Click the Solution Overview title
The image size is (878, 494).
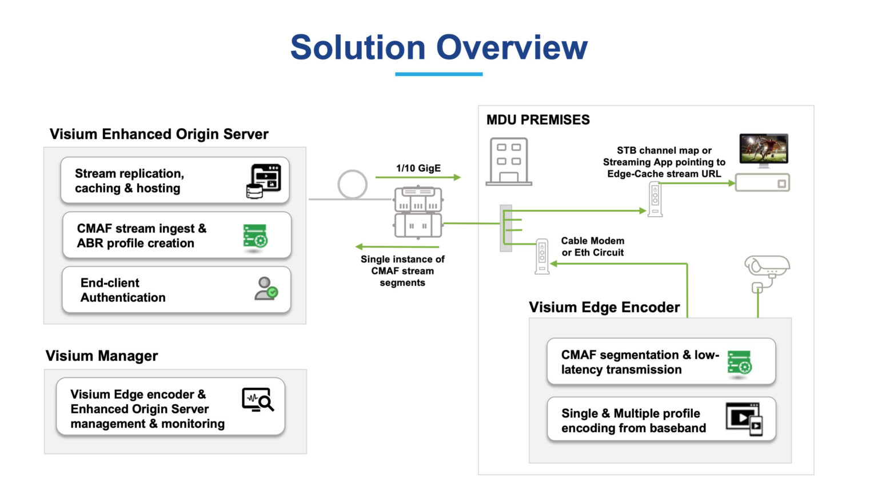coord(438,47)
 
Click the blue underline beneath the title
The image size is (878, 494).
coord(438,74)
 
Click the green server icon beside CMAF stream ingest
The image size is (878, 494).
coord(255,237)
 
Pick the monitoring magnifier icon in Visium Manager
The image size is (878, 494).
coord(258,400)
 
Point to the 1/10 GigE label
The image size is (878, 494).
coord(418,168)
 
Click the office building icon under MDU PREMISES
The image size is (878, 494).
coord(509,162)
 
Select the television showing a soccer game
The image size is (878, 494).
coord(764,150)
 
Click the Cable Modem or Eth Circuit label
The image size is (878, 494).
coord(592,246)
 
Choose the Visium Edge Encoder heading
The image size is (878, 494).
coord(604,307)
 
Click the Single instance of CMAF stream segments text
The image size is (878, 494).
coord(402,270)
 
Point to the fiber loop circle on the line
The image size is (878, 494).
coord(352,184)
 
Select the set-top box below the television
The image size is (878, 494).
coord(762,183)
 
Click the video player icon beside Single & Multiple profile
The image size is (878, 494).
coord(744,419)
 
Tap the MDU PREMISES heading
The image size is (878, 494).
coord(538,119)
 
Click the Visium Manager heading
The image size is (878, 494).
coord(102,356)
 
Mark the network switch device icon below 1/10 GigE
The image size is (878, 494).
coord(418,212)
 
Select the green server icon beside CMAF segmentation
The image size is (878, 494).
coord(739,363)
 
